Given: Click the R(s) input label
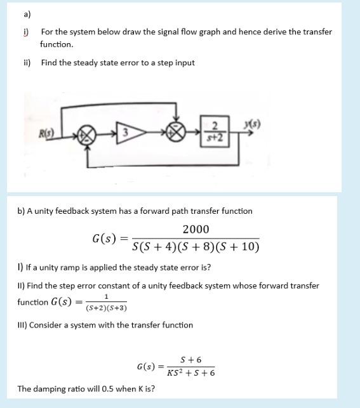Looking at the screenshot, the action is [x=45, y=135].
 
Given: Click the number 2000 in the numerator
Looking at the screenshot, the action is [x=196, y=230].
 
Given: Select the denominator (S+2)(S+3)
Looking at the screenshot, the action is [x=106, y=308].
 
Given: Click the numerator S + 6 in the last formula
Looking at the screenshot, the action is [x=190, y=360].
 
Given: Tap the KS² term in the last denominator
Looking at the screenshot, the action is [x=175, y=372].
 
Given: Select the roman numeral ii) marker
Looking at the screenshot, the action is [x=27, y=63].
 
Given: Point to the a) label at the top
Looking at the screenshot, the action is [x=26, y=14].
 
